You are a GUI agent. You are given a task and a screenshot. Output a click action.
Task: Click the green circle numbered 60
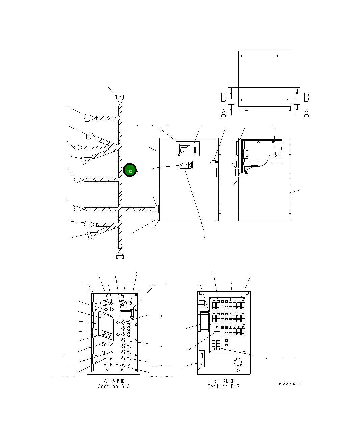(129, 170)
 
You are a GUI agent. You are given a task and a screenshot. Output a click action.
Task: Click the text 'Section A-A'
(114, 386)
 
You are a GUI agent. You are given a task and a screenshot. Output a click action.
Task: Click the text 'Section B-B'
(224, 386)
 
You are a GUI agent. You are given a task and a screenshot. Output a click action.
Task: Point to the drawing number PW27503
(290, 384)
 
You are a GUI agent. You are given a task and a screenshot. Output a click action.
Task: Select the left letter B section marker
(224, 97)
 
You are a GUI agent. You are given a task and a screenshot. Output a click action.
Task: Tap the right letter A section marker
(306, 114)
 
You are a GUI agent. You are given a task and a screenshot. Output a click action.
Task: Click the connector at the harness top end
(120, 97)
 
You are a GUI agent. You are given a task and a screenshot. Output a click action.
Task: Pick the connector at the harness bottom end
(120, 257)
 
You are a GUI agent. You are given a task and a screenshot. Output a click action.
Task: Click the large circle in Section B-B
(238, 362)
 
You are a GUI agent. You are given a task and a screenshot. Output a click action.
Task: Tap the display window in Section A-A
(106, 321)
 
